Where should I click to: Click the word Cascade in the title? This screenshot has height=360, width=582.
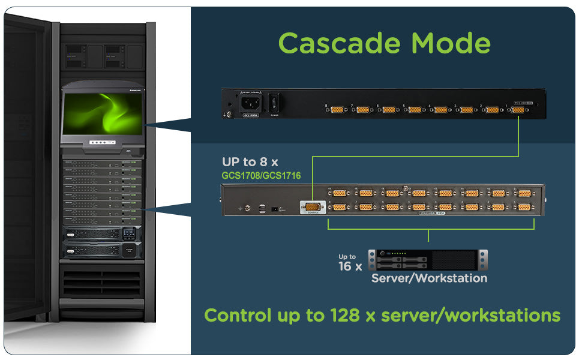tap(340, 43)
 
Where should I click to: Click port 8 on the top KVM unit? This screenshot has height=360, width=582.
tap(337, 110)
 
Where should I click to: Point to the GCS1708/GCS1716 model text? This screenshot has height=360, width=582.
tap(261, 176)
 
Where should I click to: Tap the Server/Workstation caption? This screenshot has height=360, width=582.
tap(429, 278)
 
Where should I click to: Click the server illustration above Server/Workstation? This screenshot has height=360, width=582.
tap(428, 260)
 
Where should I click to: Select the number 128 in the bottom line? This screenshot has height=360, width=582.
tap(344, 315)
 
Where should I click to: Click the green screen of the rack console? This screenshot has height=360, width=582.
tap(103, 112)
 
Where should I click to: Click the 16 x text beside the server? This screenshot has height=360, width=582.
tap(350, 266)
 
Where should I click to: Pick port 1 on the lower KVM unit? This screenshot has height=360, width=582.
tap(524, 206)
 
